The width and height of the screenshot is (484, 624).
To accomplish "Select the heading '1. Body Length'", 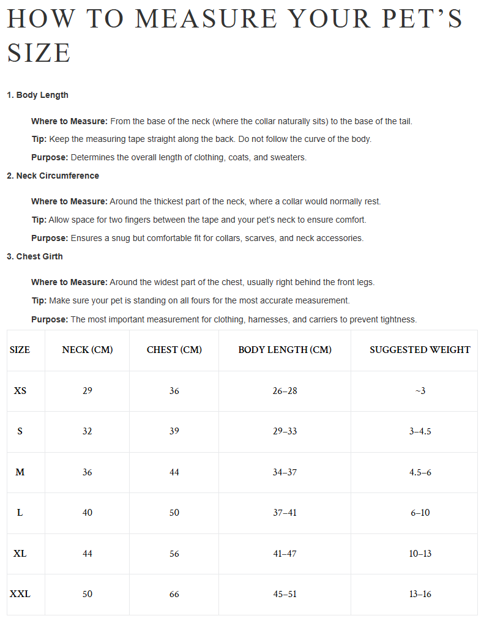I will pyautogui.click(x=37, y=95).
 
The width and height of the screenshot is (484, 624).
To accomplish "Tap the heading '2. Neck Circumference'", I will pyautogui.click(x=53, y=176).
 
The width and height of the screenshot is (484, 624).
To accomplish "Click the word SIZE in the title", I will pyautogui.click(x=39, y=53).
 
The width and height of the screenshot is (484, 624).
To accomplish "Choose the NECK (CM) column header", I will pyautogui.click(x=87, y=350).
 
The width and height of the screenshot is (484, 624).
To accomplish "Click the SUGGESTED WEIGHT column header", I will pyautogui.click(x=420, y=350).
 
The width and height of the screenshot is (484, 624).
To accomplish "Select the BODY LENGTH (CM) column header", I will pyautogui.click(x=285, y=350).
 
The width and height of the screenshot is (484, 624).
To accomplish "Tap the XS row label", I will pyautogui.click(x=20, y=390).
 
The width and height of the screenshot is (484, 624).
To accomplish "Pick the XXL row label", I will pyautogui.click(x=20, y=594).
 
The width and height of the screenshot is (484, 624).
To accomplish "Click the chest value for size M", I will pyautogui.click(x=174, y=472).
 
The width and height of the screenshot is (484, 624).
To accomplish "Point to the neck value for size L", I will pyautogui.click(x=87, y=513).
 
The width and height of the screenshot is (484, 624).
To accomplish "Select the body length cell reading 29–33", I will pyautogui.click(x=285, y=431).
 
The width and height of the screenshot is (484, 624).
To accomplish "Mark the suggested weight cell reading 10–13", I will pyautogui.click(x=420, y=554).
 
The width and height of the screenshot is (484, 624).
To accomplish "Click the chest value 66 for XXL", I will pyautogui.click(x=174, y=594).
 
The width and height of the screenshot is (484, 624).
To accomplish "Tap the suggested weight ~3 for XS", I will pyautogui.click(x=420, y=390).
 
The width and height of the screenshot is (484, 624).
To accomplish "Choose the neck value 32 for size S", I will pyautogui.click(x=87, y=431).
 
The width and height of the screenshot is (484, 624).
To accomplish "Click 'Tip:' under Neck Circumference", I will pyautogui.click(x=39, y=220).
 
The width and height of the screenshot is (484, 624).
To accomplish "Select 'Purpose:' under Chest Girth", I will pyautogui.click(x=50, y=320).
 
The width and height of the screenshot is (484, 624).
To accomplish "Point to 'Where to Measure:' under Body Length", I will pyautogui.click(x=69, y=122).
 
